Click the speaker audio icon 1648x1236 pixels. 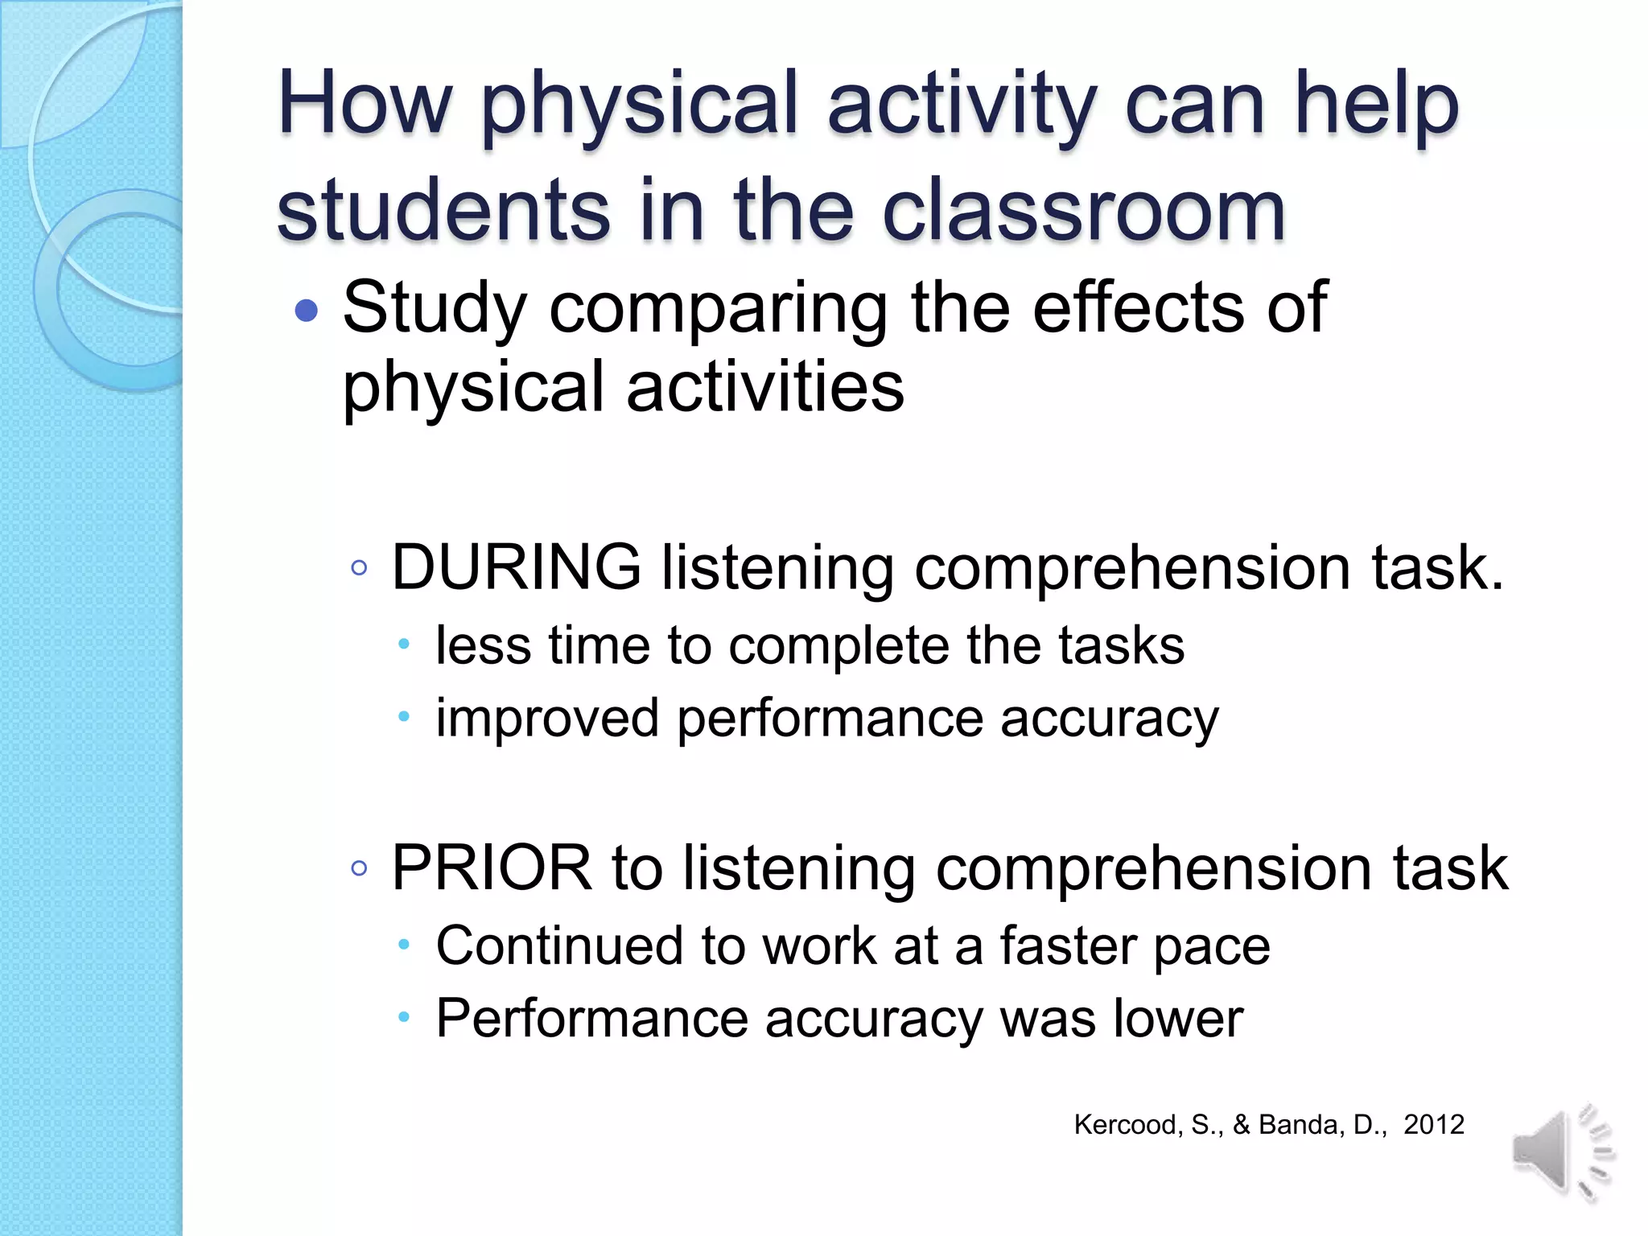point(1561,1152)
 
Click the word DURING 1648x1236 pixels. point(516,567)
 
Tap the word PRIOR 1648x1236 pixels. point(492,867)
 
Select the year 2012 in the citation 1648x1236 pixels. point(1433,1124)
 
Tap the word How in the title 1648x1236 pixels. point(365,105)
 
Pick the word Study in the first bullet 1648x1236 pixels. point(435,308)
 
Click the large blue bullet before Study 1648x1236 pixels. point(307,311)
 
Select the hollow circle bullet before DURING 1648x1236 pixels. point(359,568)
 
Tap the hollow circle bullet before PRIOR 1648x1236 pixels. point(359,868)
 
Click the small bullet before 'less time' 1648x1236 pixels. point(404,645)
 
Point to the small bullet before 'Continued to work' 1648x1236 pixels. point(404,946)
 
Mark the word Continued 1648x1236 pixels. point(559,946)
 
